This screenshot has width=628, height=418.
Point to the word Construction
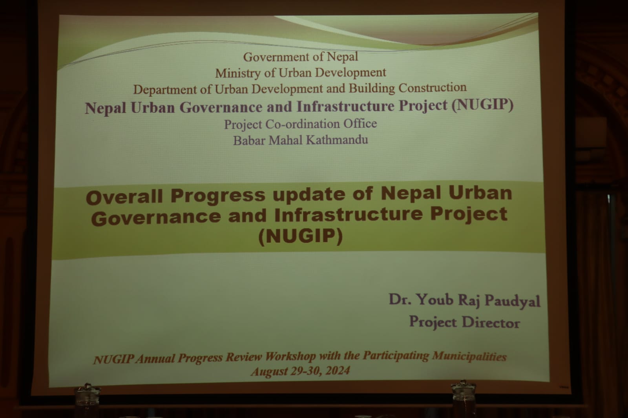[x=432, y=87]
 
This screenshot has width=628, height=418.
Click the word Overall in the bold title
[x=124, y=196]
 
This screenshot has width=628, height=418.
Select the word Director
[x=491, y=322]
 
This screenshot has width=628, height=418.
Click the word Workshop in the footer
[x=290, y=357]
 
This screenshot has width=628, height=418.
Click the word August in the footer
[x=269, y=372]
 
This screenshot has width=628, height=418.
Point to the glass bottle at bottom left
[x=88, y=401]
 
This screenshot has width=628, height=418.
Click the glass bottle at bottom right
[x=464, y=399]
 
